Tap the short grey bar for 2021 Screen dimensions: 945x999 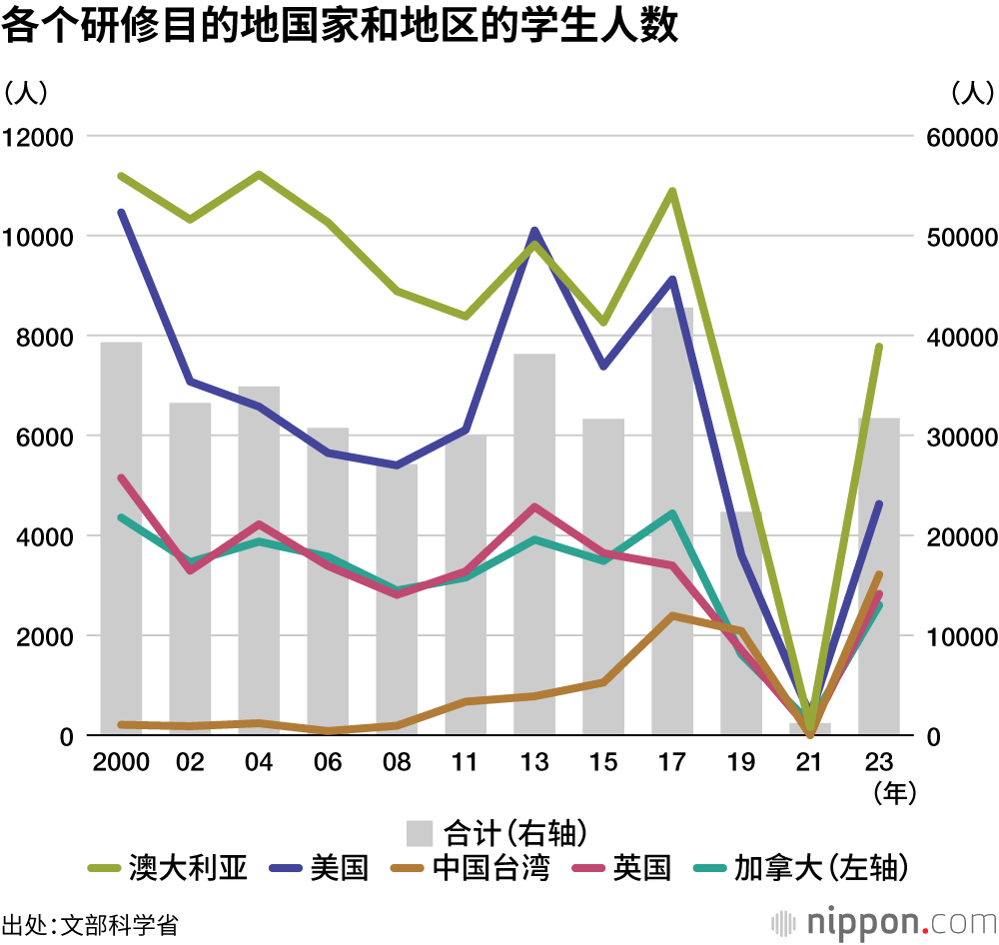tap(810, 729)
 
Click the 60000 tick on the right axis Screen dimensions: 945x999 tap(957, 137)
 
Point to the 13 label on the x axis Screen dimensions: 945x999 tap(534, 763)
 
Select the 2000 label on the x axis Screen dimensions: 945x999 tap(121, 763)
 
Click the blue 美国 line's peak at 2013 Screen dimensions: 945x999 tap(534, 232)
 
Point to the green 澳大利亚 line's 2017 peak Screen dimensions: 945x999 tap(672, 191)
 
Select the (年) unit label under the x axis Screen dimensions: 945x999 tap(894, 793)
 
